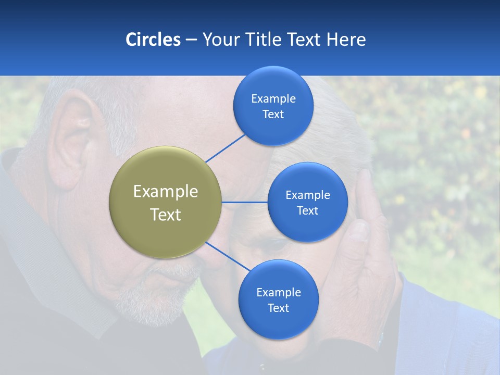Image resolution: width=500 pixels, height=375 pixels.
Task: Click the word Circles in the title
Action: click(x=153, y=40)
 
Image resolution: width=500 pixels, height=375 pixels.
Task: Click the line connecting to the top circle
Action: click(x=225, y=148)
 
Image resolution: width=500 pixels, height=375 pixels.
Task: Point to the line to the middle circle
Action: click(x=245, y=202)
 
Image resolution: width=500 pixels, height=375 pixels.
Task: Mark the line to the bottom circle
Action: click(x=228, y=256)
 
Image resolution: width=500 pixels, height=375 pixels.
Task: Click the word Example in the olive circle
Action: click(x=166, y=191)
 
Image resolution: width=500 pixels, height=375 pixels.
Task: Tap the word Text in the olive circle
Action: click(x=166, y=215)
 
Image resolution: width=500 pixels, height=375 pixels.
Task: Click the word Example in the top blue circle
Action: click(x=273, y=98)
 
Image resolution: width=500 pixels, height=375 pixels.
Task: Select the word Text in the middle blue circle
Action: click(x=307, y=210)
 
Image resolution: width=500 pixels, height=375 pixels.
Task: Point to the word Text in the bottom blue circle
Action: click(x=278, y=308)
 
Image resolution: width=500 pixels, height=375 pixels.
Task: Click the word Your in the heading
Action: click(x=219, y=40)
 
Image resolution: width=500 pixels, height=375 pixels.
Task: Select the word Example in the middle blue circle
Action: click(x=307, y=195)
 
